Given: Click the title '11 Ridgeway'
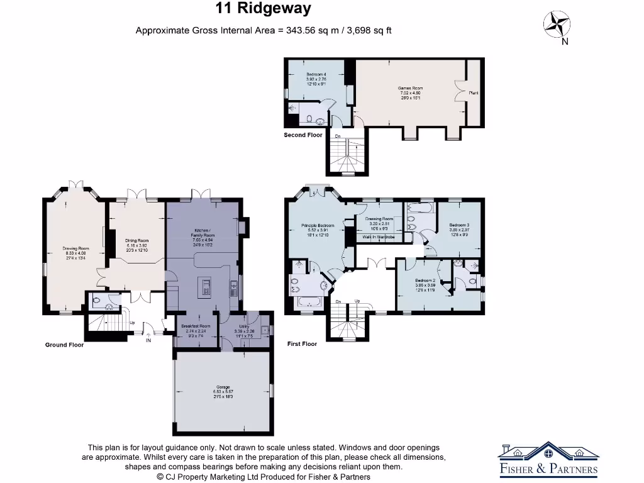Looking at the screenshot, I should pos(263,9).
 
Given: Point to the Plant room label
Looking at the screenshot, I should pos(474,93).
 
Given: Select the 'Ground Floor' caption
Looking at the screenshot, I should pos(64,345).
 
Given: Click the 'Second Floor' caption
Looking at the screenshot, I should pos(303,135).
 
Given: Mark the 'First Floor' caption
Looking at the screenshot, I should pos(302,344).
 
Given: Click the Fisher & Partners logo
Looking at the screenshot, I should pos(548,460).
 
